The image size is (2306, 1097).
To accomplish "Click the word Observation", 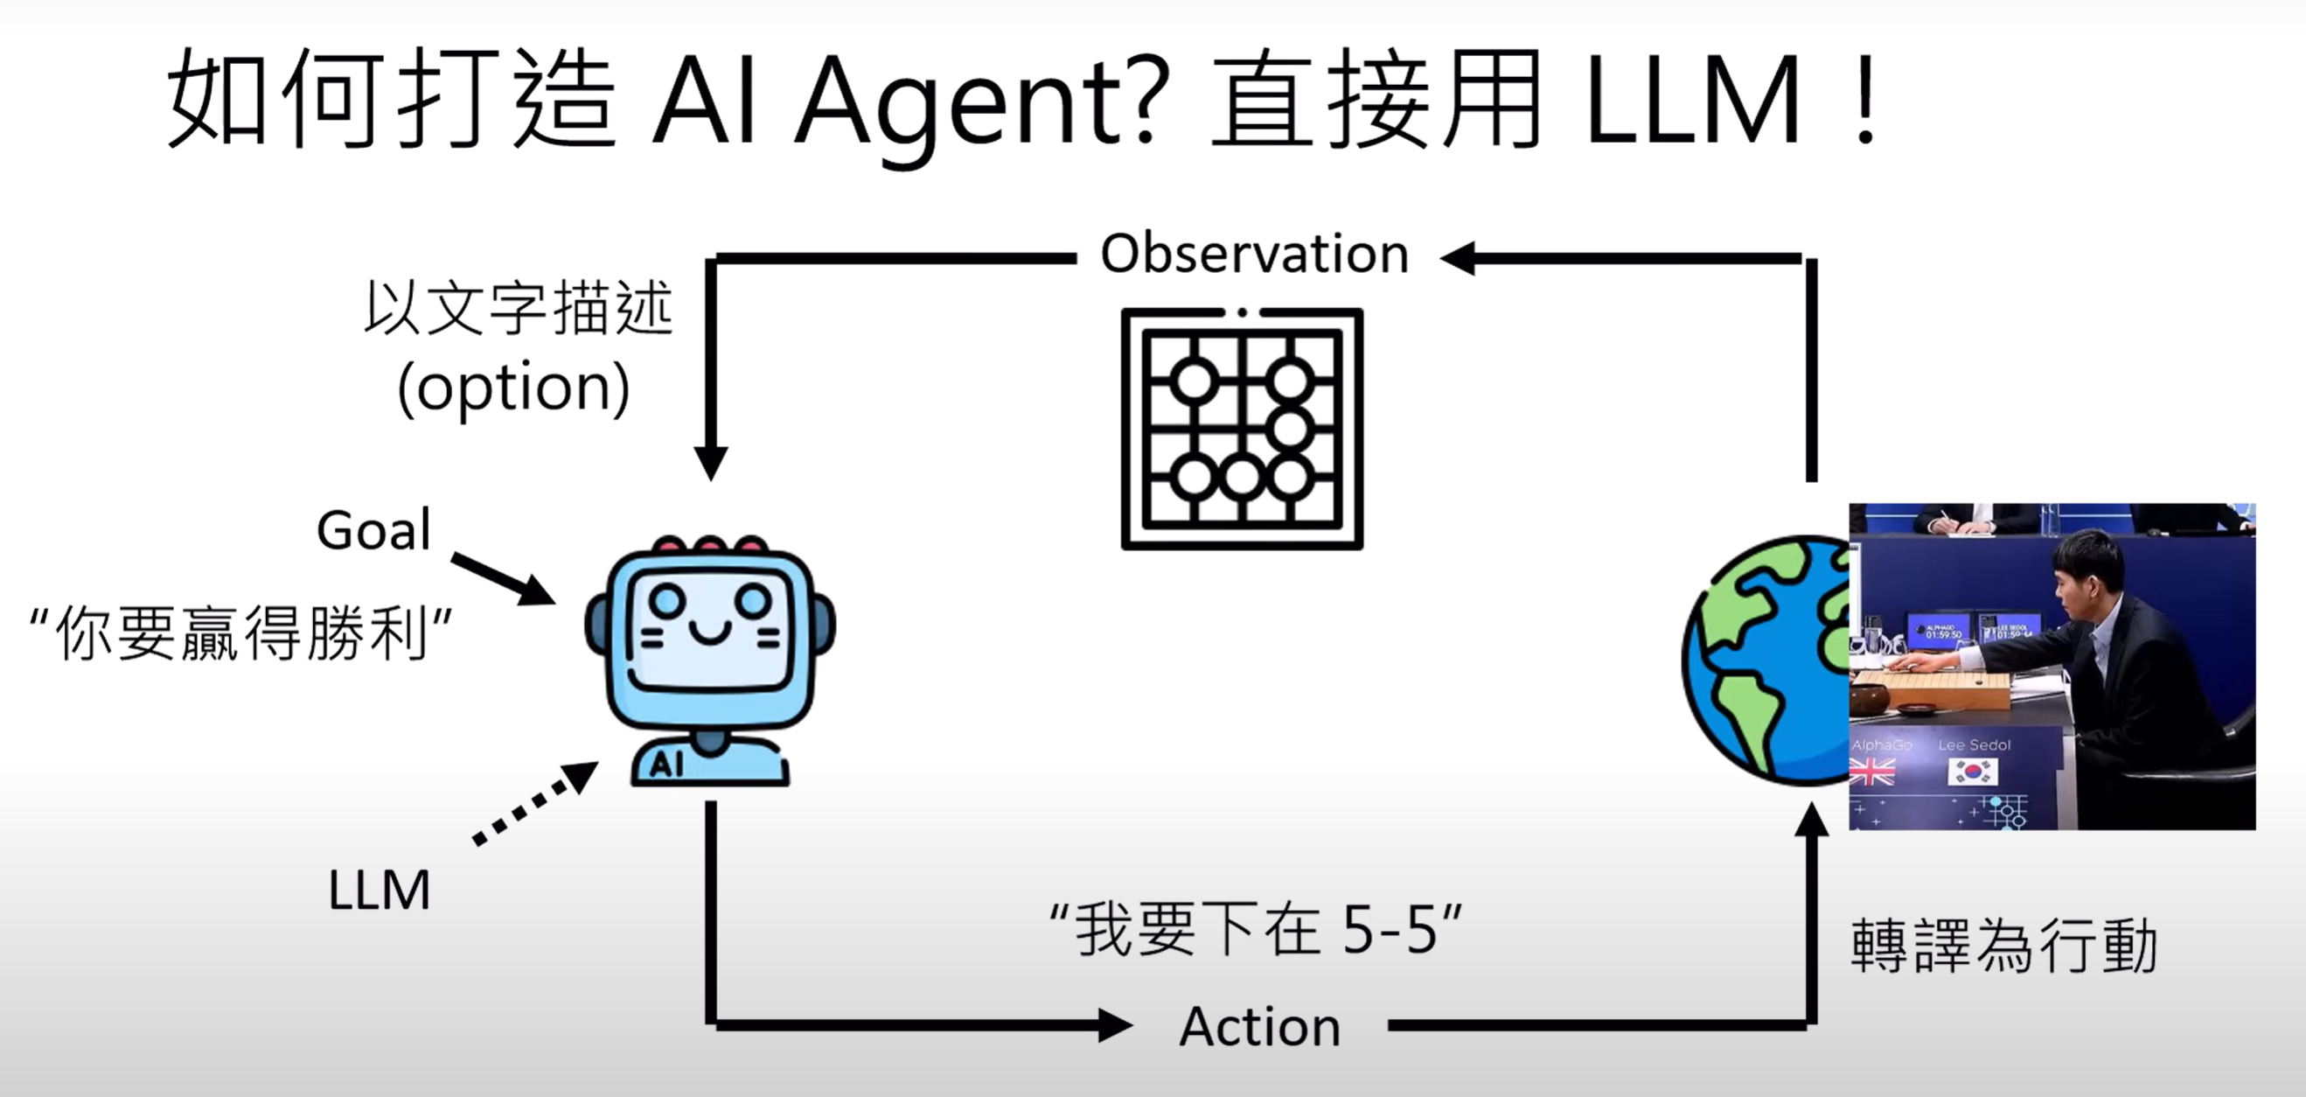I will pyautogui.click(x=1254, y=254).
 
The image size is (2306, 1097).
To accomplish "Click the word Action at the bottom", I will pyautogui.click(x=1259, y=1026).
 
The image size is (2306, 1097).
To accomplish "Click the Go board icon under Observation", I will pyautogui.click(x=1242, y=428).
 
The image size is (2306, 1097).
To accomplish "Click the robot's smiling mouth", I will pyautogui.click(x=710, y=634).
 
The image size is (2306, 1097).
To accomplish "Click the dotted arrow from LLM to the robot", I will pyautogui.click(x=535, y=803).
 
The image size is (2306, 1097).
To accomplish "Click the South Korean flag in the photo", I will pyautogui.click(x=1972, y=771).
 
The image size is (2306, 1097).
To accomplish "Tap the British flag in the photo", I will pyautogui.click(x=1872, y=771).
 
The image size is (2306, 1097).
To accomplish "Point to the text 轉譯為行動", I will pyautogui.click(x=2003, y=946).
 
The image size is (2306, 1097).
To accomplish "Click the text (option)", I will pyautogui.click(x=514, y=387).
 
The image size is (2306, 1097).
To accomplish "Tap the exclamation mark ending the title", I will pyautogui.click(x=1865, y=99).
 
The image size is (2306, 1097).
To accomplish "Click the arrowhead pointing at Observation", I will pyautogui.click(x=1460, y=258).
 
